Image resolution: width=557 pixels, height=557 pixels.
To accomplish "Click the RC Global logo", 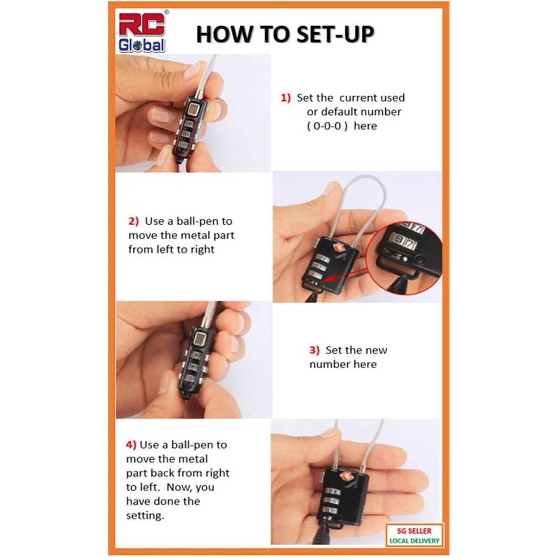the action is point(142,32).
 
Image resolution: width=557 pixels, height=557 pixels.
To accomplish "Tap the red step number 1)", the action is point(286,97).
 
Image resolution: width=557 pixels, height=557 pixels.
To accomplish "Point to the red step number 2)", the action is point(133,221).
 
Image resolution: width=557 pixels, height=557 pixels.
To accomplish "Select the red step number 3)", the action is point(314,350).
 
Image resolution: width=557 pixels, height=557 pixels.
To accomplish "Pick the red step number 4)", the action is point(131,444).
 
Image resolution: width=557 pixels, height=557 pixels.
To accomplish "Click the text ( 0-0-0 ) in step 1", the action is point(327,126).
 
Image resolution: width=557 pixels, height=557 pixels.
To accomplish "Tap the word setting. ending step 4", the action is point(145,515).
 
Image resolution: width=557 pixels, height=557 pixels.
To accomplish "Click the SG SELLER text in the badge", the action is point(414,531).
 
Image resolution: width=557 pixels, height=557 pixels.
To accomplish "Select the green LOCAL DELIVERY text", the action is point(414,541).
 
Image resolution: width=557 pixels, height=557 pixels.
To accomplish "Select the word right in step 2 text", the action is point(202,250).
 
